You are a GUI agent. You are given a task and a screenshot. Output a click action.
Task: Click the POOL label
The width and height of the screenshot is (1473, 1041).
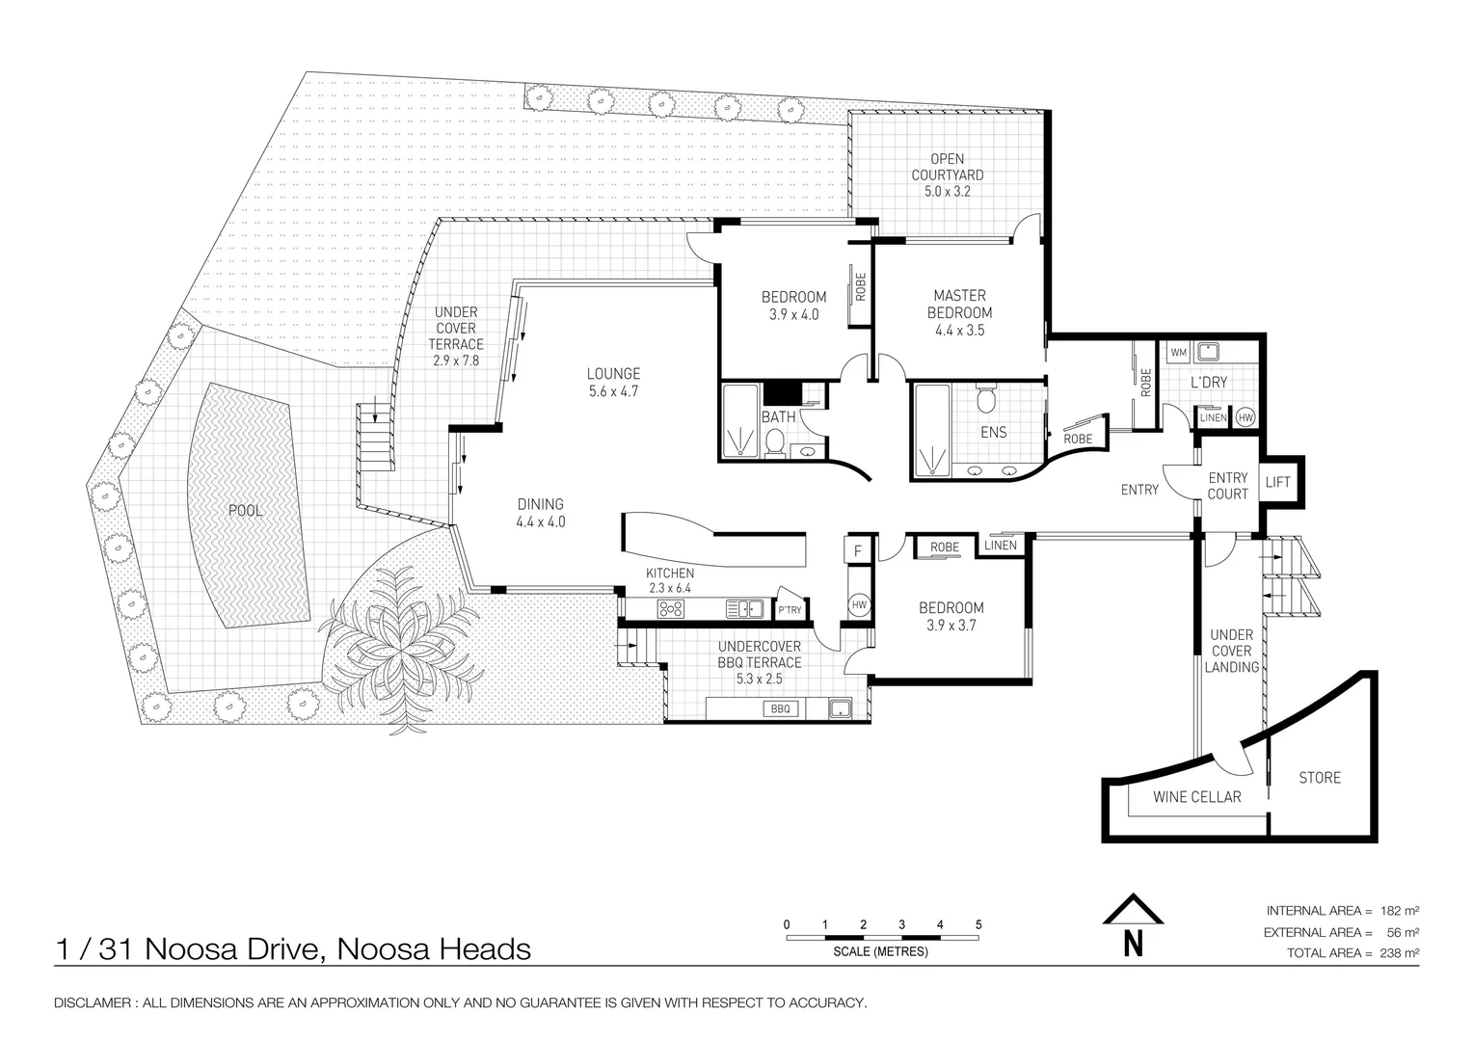pos(245,510)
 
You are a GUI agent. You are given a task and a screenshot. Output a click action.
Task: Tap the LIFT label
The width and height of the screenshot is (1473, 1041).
pos(1277,482)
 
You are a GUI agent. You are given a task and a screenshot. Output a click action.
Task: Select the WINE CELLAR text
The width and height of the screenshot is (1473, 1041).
pos(1197,797)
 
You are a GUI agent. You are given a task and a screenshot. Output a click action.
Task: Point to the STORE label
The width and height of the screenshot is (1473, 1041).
pos(1319,778)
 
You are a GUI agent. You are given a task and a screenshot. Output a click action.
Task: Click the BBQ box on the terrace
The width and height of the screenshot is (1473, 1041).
pos(781,708)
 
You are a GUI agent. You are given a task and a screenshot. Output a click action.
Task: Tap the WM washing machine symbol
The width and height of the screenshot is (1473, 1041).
pos(1178,353)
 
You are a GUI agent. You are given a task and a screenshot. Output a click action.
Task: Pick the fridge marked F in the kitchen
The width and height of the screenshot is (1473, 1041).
pos(858,550)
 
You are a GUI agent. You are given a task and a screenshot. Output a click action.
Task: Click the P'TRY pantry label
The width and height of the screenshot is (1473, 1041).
pos(790,609)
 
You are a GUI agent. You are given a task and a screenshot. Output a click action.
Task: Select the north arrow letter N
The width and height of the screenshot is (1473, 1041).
pos(1133,944)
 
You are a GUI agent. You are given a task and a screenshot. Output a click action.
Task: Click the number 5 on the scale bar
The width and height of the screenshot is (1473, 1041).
pos(978,924)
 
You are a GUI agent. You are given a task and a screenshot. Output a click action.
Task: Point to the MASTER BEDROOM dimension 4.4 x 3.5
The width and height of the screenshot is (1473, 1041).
pos(959,330)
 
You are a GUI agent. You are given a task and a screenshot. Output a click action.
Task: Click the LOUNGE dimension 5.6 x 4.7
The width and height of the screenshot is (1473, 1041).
pos(613,391)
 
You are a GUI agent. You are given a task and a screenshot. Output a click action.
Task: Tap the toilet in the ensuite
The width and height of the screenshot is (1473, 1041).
pos(985,398)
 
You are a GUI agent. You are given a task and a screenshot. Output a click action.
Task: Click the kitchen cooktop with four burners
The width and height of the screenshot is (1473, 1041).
pos(671,609)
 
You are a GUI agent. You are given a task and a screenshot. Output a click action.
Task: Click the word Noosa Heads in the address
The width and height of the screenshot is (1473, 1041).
pos(434,949)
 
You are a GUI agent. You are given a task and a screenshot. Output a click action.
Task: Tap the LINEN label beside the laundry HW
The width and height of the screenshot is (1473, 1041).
pos(1214,417)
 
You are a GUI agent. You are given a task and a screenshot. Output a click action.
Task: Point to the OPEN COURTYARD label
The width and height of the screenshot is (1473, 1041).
pos(948,167)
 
